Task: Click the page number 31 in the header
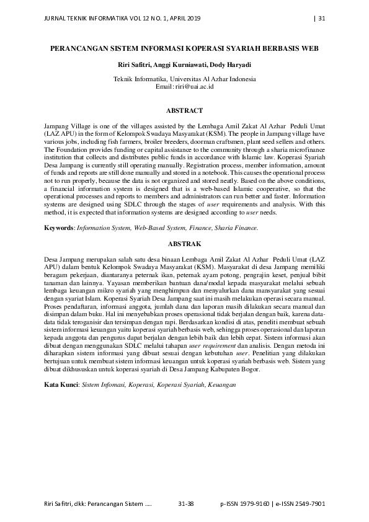pyautogui.click(x=321, y=17)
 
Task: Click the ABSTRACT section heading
pyautogui.click(x=184, y=110)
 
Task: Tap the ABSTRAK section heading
pyautogui.click(x=184, y=244)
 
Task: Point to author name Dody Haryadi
pyautogui.click(x=231, y=64)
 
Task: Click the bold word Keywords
pyautogui.click(x=59, y=228)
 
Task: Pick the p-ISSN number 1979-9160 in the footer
pyautogui.click(x=253, y=504)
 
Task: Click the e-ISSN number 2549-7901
pyautogui.click(x=306, y=504)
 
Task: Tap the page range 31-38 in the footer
pyautogui.click(x=186, y=504)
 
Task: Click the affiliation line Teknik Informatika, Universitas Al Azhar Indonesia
pyautogui.click(x=184, y=79)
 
